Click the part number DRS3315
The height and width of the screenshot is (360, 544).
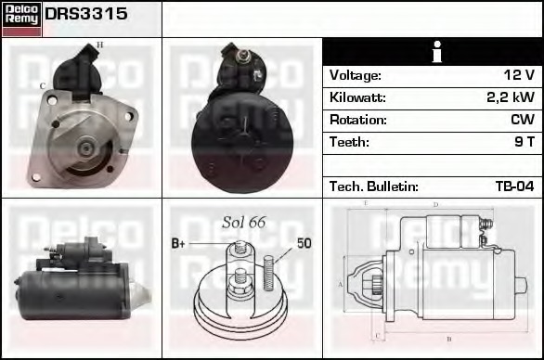point(86,16)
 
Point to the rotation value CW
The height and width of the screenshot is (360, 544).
point(523,120)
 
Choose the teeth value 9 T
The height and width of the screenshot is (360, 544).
point(524,142)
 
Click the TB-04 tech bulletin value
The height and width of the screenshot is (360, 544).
point(514,186)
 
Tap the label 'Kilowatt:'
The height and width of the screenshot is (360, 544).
point(357,97)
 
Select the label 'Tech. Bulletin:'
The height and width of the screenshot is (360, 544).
point(374,186)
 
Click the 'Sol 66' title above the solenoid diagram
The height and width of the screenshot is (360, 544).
point(244,222)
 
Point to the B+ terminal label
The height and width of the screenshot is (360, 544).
point(179,244)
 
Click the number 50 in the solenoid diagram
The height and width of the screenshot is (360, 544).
point(304,244)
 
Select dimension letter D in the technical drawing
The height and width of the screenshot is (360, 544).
point(435,205)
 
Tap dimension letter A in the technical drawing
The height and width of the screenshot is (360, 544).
point(340,284)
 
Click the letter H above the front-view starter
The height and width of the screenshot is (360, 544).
point(100,45)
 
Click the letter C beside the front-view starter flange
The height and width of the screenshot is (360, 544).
point(42,86)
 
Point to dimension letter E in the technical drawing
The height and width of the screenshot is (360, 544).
point(365,203)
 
